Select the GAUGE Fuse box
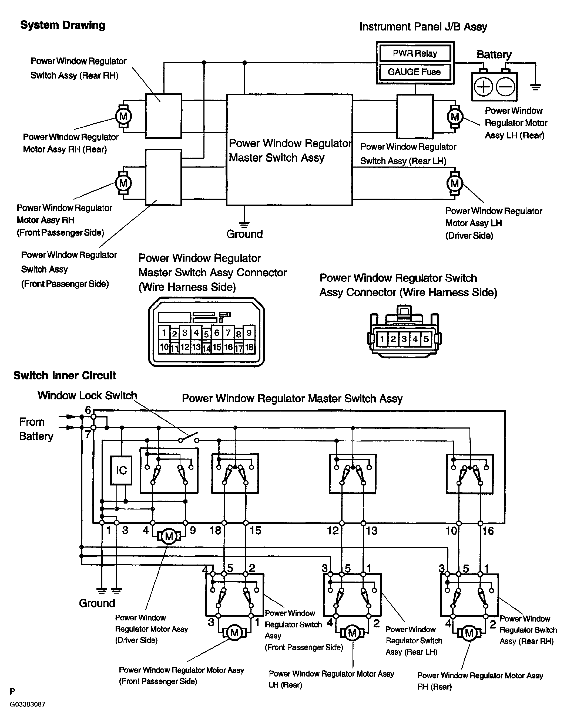click(x=414, y=72)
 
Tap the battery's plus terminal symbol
click(x=483, y=87)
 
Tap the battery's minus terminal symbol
click(x=505, y=87)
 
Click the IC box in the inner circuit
click(x=121, y=470)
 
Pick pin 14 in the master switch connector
click(x=207, y=348)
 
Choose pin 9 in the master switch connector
click(x=249, y=332)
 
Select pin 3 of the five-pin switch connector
click(x=404, y=339)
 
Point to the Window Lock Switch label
click(x=87, y=395)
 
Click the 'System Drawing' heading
click(x=63, y=25)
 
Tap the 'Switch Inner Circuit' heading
click(x=65, y=375)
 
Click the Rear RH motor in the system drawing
click(x=123, y=117)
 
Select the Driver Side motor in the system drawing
click(x=455, y=183)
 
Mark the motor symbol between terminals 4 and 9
click(x=169, y=536)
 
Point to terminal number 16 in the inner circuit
click(x=488, y=531)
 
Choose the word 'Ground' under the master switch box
click(x=244, y=234)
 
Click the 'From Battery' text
click(x=36, y=429)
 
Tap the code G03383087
click(x=28, y=704)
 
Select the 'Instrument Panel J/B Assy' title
click(x=423, y=27)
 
